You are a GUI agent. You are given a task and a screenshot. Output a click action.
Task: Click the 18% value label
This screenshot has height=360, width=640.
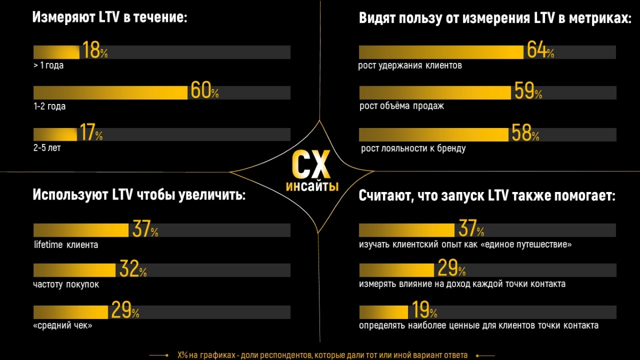[x=94, y=51]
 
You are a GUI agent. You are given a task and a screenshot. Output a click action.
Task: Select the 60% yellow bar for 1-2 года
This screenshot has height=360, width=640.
[x=110, y=93]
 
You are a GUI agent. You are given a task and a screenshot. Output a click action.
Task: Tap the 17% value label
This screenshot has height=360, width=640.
[x=90, y=133]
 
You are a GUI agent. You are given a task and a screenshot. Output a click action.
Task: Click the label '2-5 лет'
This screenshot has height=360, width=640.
[x=47, y=148]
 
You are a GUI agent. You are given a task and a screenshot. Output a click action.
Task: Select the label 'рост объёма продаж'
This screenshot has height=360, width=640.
[x=402, y=106]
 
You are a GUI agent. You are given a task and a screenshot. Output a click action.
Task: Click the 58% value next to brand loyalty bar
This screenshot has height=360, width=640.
[x=525, y=133]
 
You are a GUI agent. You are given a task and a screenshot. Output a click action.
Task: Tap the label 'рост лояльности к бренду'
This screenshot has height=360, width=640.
[x=413, y=148]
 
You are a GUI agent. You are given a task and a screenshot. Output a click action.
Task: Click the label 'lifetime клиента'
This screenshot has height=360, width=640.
[x=66, y=245]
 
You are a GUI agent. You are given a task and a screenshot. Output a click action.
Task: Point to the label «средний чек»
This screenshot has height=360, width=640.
[x=63, y=325]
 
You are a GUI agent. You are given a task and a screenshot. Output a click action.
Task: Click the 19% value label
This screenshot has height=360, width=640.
[x=423, y=311]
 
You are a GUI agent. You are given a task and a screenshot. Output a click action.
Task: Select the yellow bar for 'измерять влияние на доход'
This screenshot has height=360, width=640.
[x=397, y=270]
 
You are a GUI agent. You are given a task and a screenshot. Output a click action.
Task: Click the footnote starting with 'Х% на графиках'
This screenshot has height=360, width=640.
[x=322, y=355]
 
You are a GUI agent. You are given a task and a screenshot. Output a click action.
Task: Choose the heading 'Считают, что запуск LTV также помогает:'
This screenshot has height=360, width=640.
[x=487, y=196]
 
